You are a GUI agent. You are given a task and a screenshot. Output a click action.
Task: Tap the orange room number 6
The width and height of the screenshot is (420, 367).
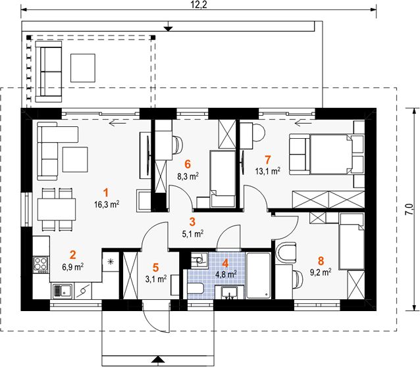tap(188, 164)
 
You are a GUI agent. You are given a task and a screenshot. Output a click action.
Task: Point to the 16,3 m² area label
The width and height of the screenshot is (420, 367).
tap(106, 204)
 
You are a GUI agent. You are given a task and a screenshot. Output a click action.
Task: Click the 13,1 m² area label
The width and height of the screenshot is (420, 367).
tap(268, 170)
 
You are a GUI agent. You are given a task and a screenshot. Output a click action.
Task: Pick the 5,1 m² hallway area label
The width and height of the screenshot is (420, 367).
tap(192, 233)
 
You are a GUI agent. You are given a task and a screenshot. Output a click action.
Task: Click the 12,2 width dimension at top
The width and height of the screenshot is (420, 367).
tap(200, 5)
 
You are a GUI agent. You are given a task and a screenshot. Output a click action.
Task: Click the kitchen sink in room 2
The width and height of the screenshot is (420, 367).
tap(63, 289)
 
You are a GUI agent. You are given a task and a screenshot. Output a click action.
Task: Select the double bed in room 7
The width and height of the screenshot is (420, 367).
tap(327, 155)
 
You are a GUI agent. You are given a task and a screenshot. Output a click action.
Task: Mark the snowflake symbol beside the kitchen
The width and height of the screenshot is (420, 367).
tap(111, 262)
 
